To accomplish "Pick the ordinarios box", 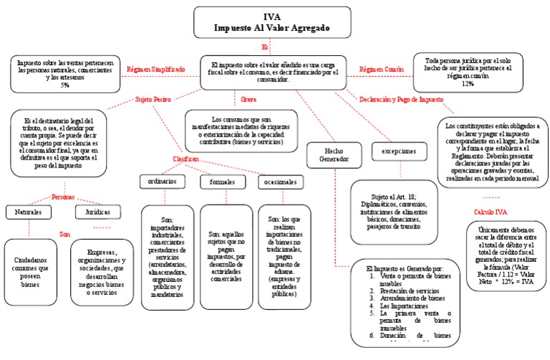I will (162, 182).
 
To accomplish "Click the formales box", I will (222, 182).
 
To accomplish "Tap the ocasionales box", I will (281, 182).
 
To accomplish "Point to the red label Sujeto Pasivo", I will (152, 101).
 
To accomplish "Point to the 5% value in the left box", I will (65, 84).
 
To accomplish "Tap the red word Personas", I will (63, 196).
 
